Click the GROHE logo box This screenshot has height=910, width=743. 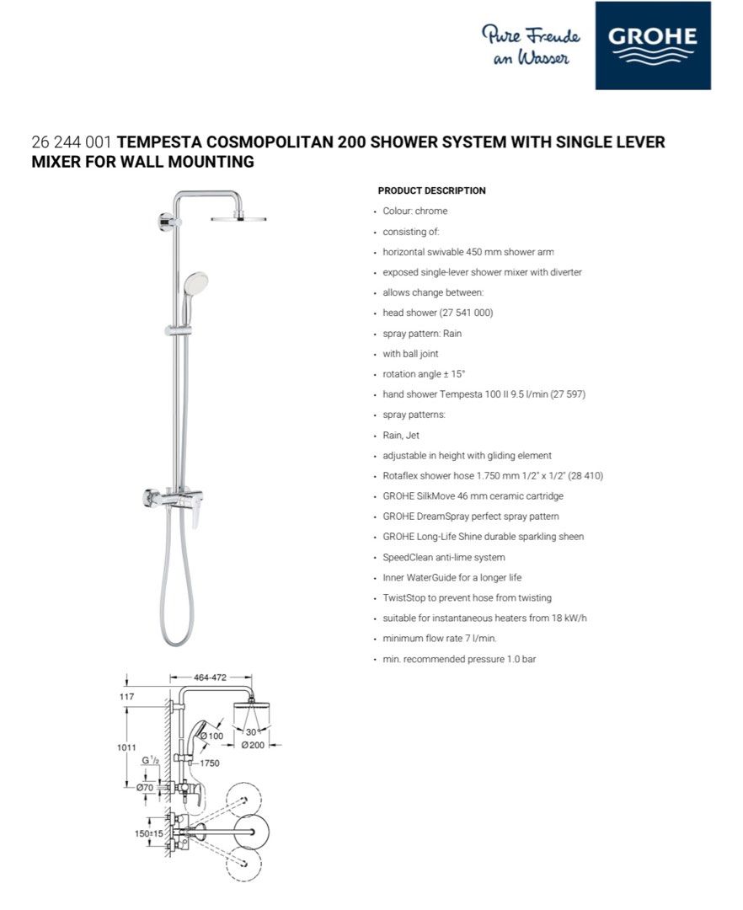point(653,45)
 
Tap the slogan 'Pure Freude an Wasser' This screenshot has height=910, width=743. point(531,45)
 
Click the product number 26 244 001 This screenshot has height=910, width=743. point(72,142)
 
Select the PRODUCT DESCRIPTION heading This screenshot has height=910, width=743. point(431,190)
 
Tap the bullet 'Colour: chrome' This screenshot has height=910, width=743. point(415,211)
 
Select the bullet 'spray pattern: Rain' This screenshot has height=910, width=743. point(422,334)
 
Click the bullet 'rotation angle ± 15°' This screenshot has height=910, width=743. point(424,374)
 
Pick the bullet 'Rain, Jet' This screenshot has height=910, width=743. point(401,436)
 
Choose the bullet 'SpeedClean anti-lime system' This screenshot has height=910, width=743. point(444,558)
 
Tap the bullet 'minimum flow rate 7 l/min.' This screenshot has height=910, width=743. point(440,639)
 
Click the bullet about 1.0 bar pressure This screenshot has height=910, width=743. point(459,659)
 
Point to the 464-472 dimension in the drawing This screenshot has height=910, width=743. point(211,677)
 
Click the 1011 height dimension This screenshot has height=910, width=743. point(128,747)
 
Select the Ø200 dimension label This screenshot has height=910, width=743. point(253,745)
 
